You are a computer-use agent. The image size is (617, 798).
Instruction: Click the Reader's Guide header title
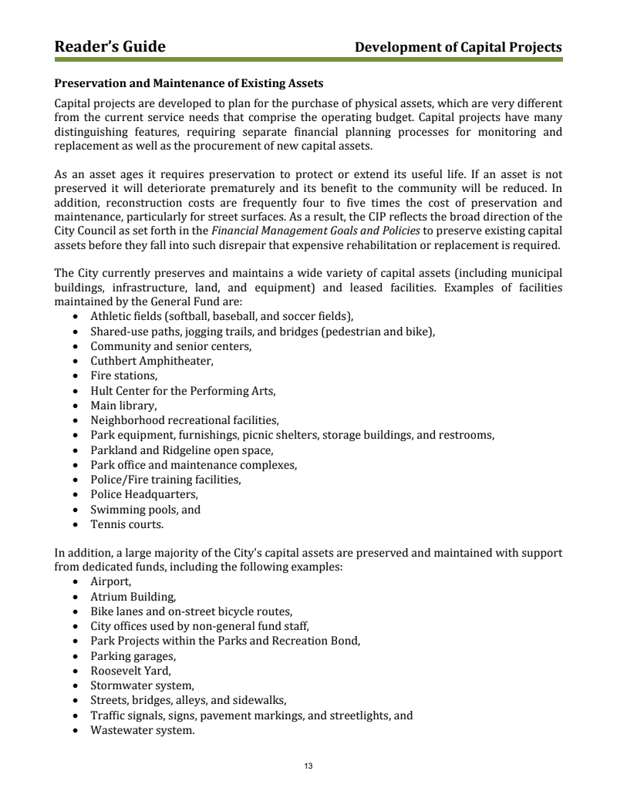(110, 47)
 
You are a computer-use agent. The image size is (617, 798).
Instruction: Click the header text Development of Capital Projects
(458, 48)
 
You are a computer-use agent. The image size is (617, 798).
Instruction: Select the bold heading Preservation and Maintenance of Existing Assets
(188, 82)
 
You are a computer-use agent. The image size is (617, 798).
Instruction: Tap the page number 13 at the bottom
(308, 766)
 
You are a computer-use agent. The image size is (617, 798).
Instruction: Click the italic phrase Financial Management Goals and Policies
(315, 231)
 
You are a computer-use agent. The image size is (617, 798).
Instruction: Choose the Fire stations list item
(123, 375)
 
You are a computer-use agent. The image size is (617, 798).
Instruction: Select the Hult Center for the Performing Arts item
(183, 391)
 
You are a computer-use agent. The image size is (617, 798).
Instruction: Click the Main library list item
(123, 406)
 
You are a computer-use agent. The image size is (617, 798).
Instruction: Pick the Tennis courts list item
(126, 524)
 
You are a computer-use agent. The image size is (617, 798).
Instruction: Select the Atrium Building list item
(133, 598)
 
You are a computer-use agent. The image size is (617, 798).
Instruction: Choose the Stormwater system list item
(142, 685)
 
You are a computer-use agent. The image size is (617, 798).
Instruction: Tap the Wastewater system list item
(142, 730)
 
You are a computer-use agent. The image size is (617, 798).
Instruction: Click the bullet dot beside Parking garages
(74, 657)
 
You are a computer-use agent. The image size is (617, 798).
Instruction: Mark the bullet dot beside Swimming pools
(74, 510)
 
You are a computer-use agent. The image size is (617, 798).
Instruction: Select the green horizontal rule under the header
(308, 59)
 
